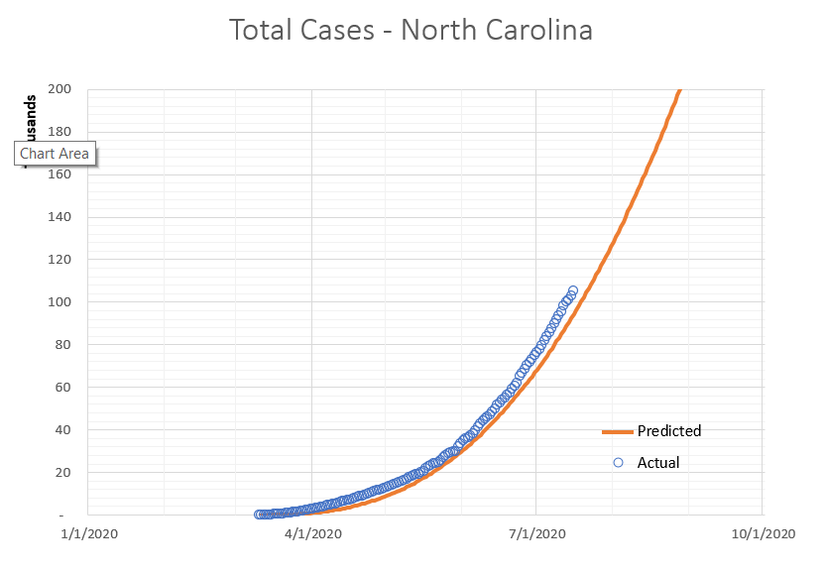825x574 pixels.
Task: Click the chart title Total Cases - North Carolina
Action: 411,30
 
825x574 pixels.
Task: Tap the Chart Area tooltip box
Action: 55,154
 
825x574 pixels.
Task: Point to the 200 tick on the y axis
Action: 59,89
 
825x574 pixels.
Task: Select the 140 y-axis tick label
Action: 59,217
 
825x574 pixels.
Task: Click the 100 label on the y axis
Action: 59,302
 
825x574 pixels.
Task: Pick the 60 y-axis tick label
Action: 62,388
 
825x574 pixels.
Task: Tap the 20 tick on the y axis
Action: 62,473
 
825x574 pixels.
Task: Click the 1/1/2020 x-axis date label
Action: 88,533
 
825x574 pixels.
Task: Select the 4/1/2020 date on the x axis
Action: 312,533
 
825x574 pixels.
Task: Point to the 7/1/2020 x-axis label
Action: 536,533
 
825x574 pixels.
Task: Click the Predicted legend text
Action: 669,431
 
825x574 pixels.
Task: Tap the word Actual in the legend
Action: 658,463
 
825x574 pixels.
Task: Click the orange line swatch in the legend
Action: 617,431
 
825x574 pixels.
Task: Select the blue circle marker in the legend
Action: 618,463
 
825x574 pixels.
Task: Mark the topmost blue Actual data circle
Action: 573,290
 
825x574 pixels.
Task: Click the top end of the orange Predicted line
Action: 679,91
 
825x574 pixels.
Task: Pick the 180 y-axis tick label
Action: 59,132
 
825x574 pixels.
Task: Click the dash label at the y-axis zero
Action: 63,516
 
